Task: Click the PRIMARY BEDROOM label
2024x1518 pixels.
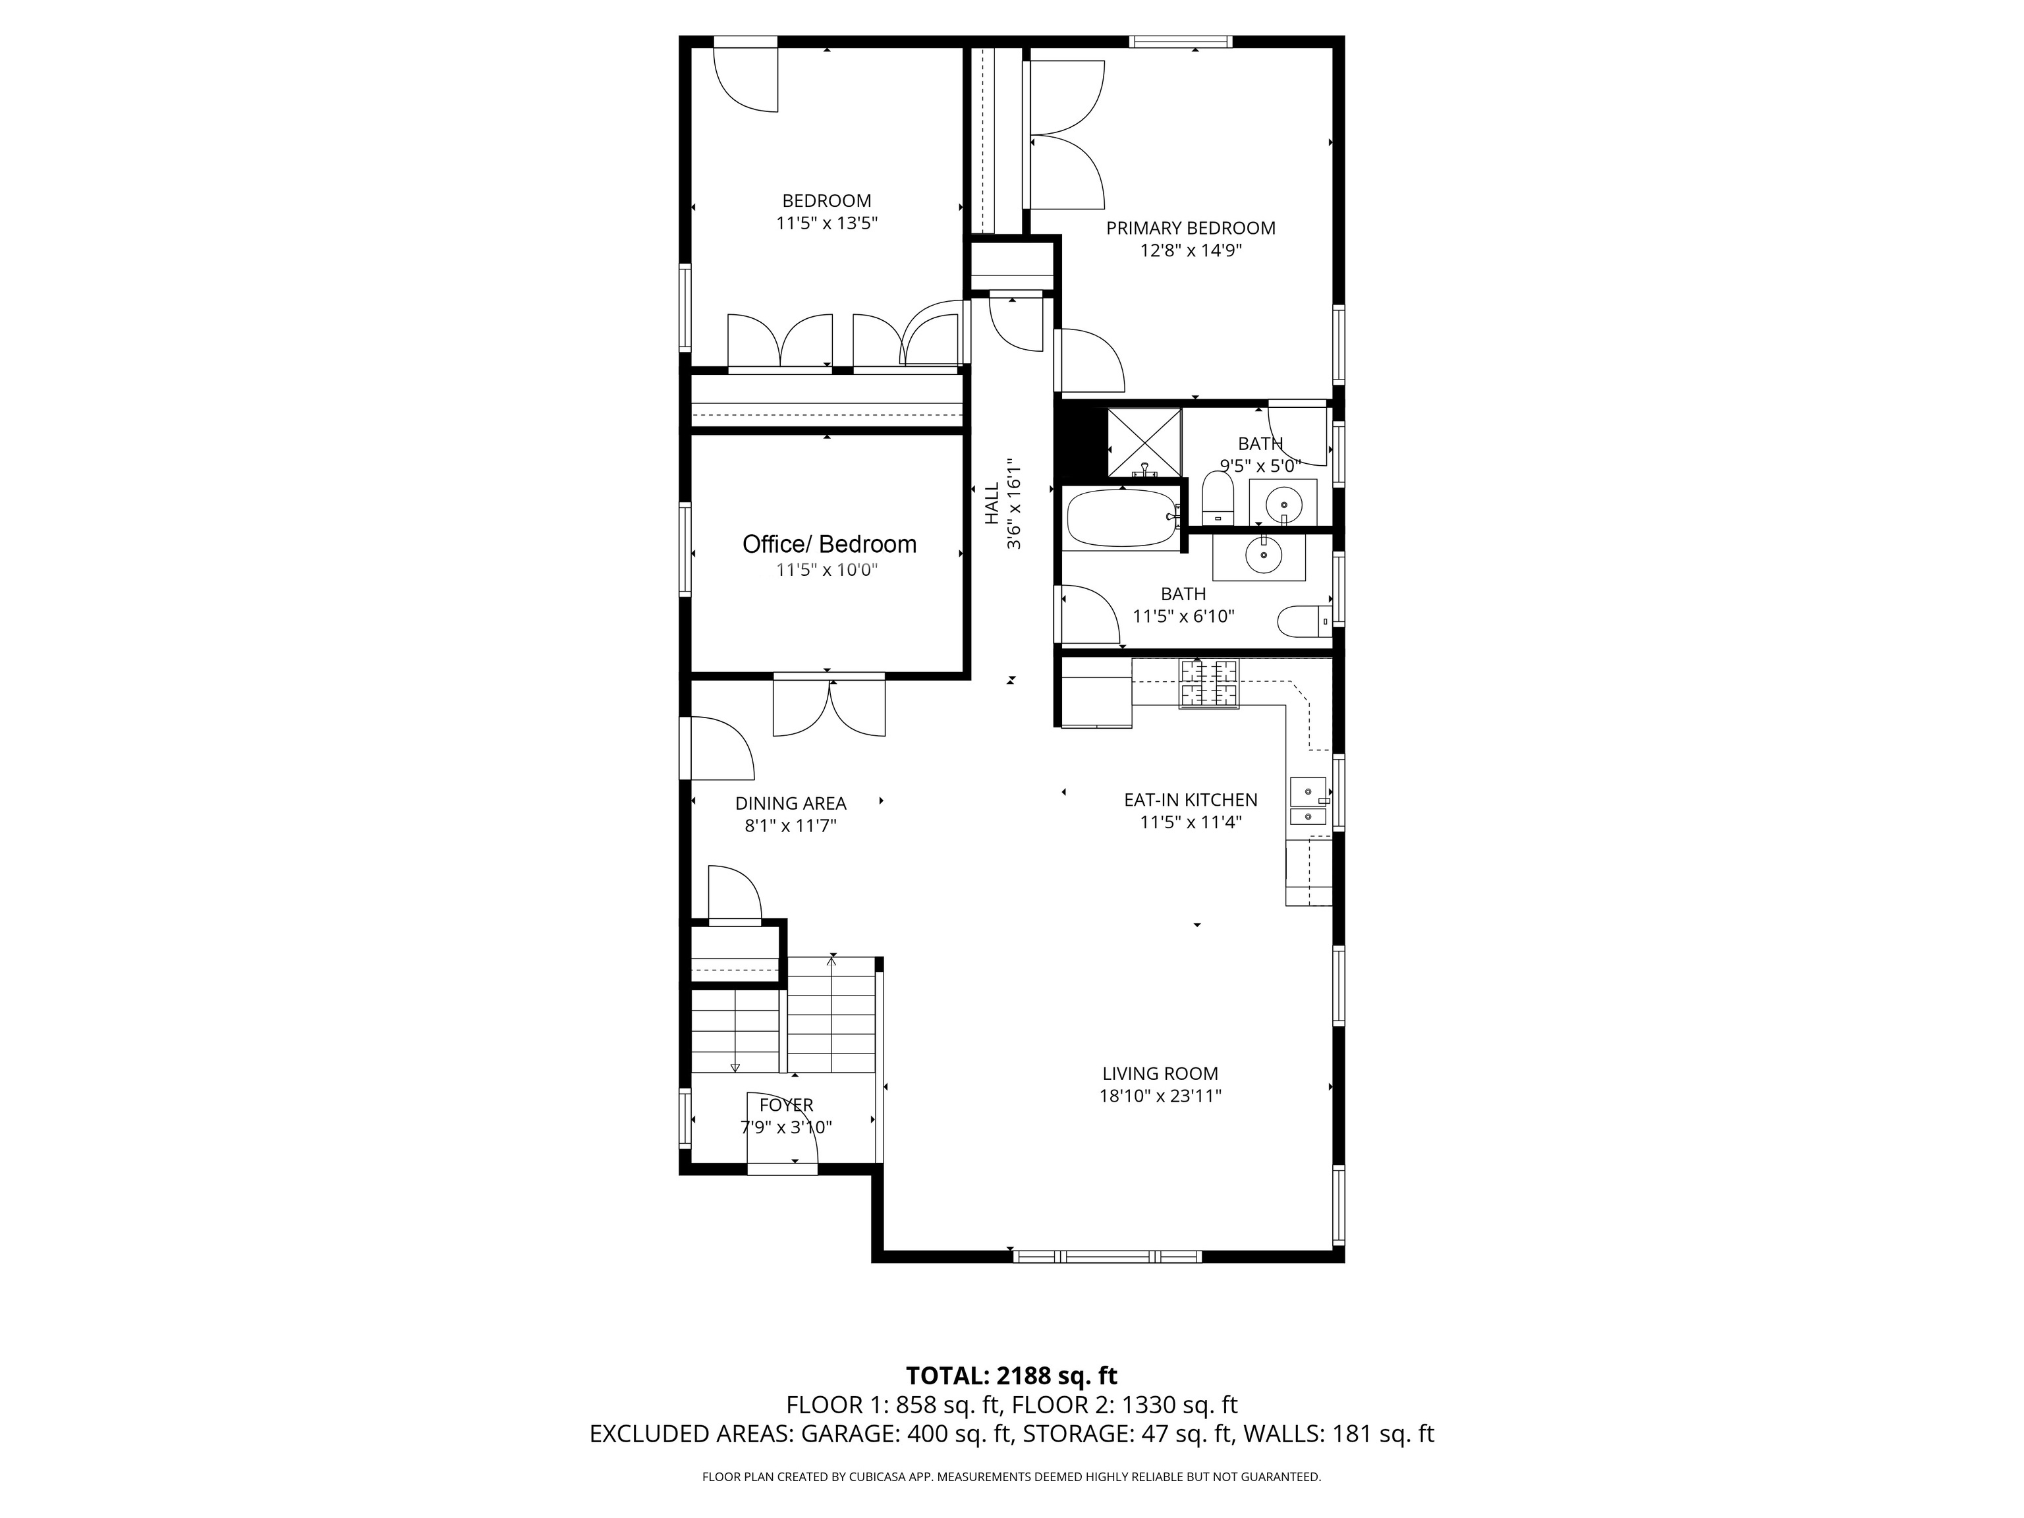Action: [1191, 228]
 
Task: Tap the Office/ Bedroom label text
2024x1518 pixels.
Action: [829, 544]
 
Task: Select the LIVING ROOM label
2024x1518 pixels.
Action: [1160, 1073]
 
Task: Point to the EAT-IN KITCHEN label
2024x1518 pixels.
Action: [1191, 800]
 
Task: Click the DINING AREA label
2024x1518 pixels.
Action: [791, 803]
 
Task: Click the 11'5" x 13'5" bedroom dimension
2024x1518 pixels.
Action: [827, 223]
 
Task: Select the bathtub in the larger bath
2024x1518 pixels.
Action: [1123, 519]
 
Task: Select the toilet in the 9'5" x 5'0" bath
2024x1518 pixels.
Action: [1218, 499]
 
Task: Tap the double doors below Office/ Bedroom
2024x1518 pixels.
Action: [829, 706]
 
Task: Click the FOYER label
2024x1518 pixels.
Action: [786, 1106]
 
